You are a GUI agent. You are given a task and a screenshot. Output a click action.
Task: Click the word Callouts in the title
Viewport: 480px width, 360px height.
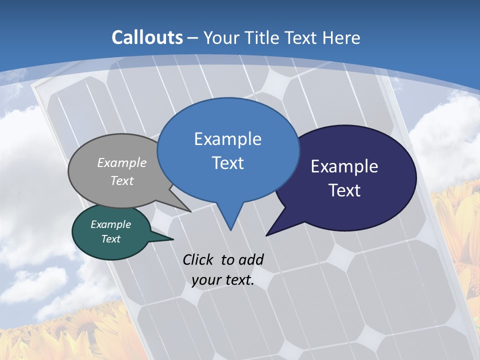click(x=147, y=37)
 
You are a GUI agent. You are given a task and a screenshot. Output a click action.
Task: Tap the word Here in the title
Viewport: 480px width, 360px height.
click(x=341, y=37)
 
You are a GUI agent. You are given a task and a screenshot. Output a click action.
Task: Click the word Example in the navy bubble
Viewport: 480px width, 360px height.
click(x=344, y=166)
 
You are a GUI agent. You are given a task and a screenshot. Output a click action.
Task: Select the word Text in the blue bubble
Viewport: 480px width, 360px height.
click(x=228, y=163)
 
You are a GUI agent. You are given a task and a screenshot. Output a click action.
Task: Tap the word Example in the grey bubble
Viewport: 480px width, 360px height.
click(x=122, y=162)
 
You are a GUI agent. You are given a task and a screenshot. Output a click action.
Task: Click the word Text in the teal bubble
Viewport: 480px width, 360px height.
click(x=111, y=239)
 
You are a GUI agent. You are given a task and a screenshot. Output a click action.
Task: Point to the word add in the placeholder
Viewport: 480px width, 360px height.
click(x=251, y=259)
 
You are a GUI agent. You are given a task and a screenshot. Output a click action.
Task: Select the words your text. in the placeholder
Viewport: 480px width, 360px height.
click(x=223, y=279)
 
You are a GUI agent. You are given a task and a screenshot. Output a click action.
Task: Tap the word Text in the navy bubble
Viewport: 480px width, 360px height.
click(x=345, y=190)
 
